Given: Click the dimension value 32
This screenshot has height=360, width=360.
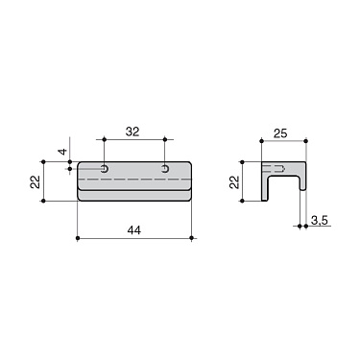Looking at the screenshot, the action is pyautogui.click(x=132, y=132).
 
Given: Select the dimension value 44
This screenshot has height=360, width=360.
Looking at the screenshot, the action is pyautogui.click(x=134, y=230).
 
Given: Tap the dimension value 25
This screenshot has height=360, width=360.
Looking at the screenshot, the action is pyautogui.click(x=280, y=132).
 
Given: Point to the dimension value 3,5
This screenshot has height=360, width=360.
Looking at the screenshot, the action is pyautogui.click(x=320, y=221).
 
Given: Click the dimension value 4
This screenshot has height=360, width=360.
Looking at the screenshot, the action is pyautogui.click(x=64, y=151).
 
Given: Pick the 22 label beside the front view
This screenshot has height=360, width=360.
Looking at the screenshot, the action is pyautogui.click(x=36, y=181).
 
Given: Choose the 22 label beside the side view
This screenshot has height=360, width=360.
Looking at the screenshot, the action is pyautogui.click(x=235, y=181).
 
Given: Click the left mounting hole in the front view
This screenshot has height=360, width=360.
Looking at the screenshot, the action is pyautogui.click(x=105, y=169).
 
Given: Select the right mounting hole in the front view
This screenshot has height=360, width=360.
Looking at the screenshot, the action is pyautogui.click(x=165, y=169).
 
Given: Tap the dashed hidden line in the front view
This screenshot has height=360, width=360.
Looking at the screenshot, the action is pyautogui.click(x=134, y=180).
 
